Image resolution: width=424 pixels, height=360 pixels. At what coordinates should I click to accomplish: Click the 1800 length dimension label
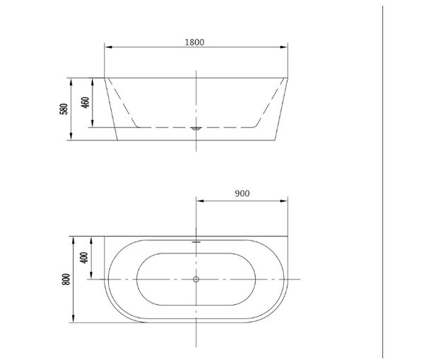pos(194,42)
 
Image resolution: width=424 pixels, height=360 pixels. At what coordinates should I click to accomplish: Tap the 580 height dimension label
pos(64,109)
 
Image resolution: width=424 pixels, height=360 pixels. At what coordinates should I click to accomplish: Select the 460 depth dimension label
pos(86,102)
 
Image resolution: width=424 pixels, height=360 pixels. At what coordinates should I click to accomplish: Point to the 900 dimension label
pos(242,193)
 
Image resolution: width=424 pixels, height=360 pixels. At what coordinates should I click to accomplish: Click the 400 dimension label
pos(84,258)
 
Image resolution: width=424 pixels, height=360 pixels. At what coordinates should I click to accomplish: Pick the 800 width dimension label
pos(66,280)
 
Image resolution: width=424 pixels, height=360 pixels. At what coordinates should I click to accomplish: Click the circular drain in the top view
pos(196,280)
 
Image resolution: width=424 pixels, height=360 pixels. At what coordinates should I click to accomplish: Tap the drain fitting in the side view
pos(196,128)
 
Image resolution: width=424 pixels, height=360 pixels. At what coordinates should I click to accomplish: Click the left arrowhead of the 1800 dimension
pos(108,47)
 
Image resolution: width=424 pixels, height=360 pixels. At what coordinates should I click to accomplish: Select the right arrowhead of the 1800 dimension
pos(284,47)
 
